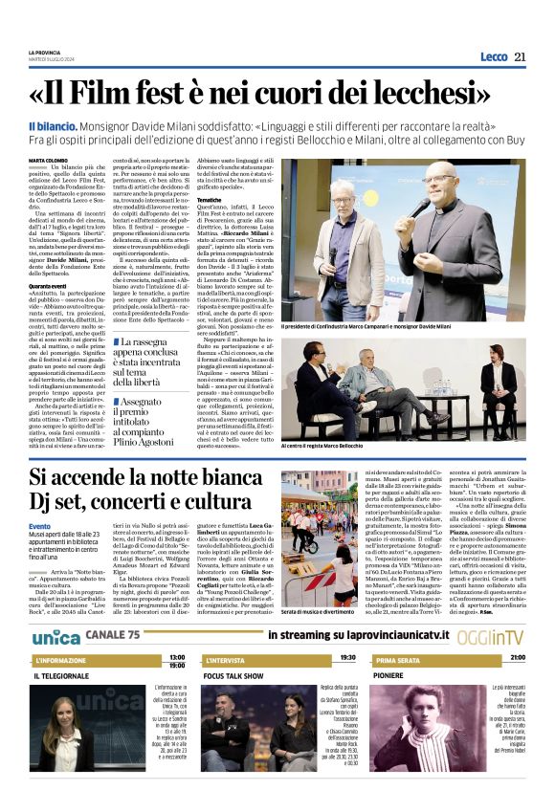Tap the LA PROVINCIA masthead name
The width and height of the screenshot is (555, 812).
pos(44,52)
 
